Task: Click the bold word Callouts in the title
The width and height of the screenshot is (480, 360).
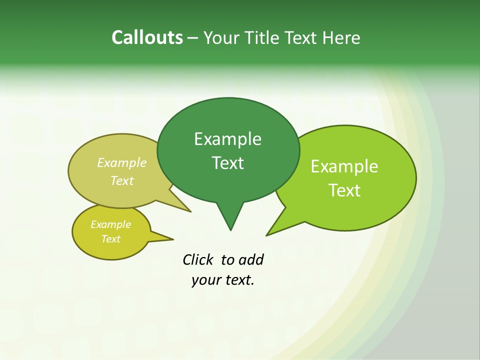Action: tap(147, 37)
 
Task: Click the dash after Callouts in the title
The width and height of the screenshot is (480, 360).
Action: tap(193, 38)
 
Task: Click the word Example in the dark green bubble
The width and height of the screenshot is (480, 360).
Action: tap(227, 139)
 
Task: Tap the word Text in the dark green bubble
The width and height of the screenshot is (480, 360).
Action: tap(227, 163)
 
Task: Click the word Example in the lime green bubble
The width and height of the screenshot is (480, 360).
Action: tap(344, 166)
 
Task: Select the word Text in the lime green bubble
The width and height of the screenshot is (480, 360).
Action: tap(344, 190)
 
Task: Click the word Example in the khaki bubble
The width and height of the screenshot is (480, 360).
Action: tap(122, 162)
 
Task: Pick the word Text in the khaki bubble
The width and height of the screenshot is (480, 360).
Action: tap(122, 180)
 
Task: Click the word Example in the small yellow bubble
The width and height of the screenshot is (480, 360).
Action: tap(110, 224)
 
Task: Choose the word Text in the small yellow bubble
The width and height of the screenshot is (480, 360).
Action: tap(110, 239)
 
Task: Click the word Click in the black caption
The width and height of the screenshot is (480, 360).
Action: tap(198, 259)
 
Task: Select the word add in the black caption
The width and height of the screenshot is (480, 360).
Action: tap(251, 259)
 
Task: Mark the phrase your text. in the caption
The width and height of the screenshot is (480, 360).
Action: tap(223, 280)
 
